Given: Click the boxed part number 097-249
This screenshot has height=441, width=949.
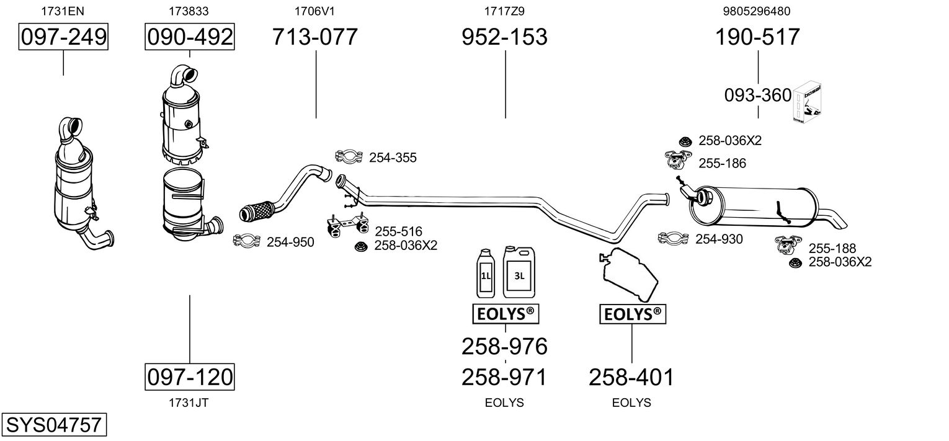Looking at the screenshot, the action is (x=63, y=37).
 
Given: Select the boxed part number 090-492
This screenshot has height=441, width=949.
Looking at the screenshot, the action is (x=190, y=37).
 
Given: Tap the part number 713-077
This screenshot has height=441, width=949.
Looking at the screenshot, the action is (x=314, y=37).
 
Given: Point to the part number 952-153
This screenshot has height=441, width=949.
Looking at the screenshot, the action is (x=504, y=37).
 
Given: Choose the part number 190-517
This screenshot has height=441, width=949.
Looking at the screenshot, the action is (x=757, y=37).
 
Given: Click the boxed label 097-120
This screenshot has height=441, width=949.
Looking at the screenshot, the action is (x=190, y=376).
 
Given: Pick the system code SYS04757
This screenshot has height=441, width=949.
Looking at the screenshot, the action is (x=54, y=424).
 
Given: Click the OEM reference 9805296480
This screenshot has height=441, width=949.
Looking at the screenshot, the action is (x=757, y=11).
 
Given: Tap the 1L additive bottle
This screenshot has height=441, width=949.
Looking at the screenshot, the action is (x=486, y=274).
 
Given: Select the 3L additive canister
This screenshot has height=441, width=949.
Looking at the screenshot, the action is (x=519, y=272).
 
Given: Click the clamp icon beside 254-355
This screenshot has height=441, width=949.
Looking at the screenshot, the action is (x=349, y=156).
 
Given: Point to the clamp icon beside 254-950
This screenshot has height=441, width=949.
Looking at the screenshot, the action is (x=247, y=241).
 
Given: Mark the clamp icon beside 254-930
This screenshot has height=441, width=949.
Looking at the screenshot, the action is (x=673, y=238).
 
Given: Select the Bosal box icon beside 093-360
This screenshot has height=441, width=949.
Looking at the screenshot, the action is (x=807, y=102).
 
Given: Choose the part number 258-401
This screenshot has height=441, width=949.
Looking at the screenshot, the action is (x=631, y=377).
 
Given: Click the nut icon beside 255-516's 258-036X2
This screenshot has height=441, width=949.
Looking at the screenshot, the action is (x=360, y=246).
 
